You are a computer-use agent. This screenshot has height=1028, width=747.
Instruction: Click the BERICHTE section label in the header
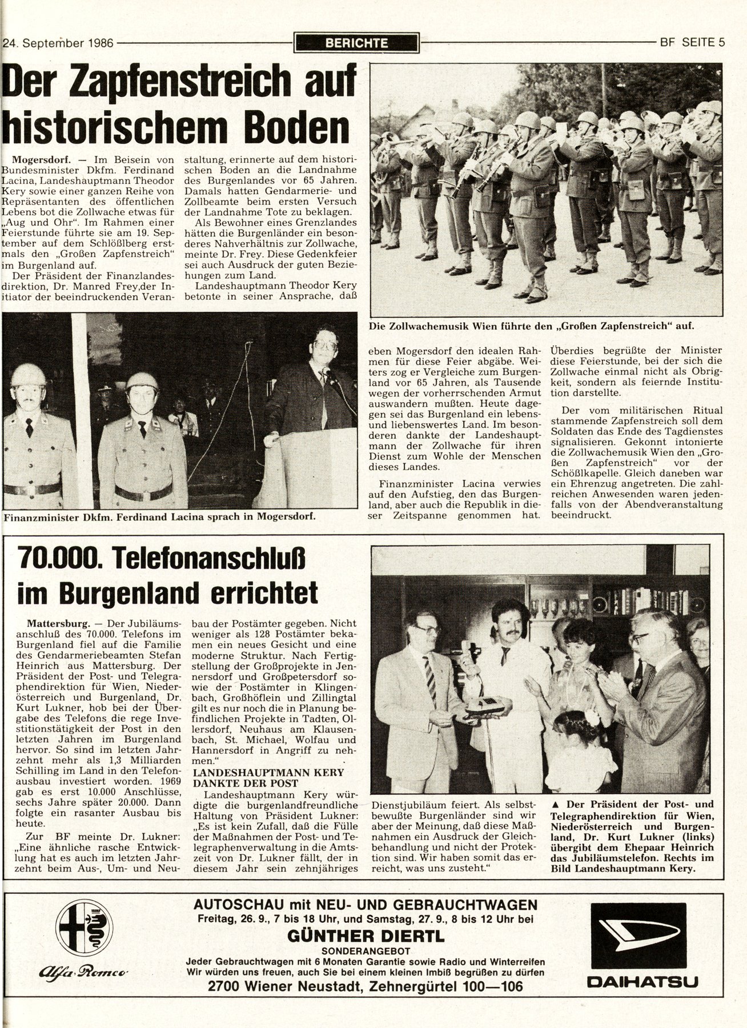click(x=355, y=42)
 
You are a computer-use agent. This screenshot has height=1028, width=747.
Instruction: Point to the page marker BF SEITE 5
click(x=692, y=42)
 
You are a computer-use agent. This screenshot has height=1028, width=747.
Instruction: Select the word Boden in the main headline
click(x=295, y=127)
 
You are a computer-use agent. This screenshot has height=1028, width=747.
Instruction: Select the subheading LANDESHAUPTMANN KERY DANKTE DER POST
click(x=268, y=778)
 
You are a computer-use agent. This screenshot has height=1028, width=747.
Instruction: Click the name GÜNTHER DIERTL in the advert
click(x=366, y=936)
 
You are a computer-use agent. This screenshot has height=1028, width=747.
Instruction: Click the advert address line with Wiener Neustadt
click(x=366, y=986)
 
